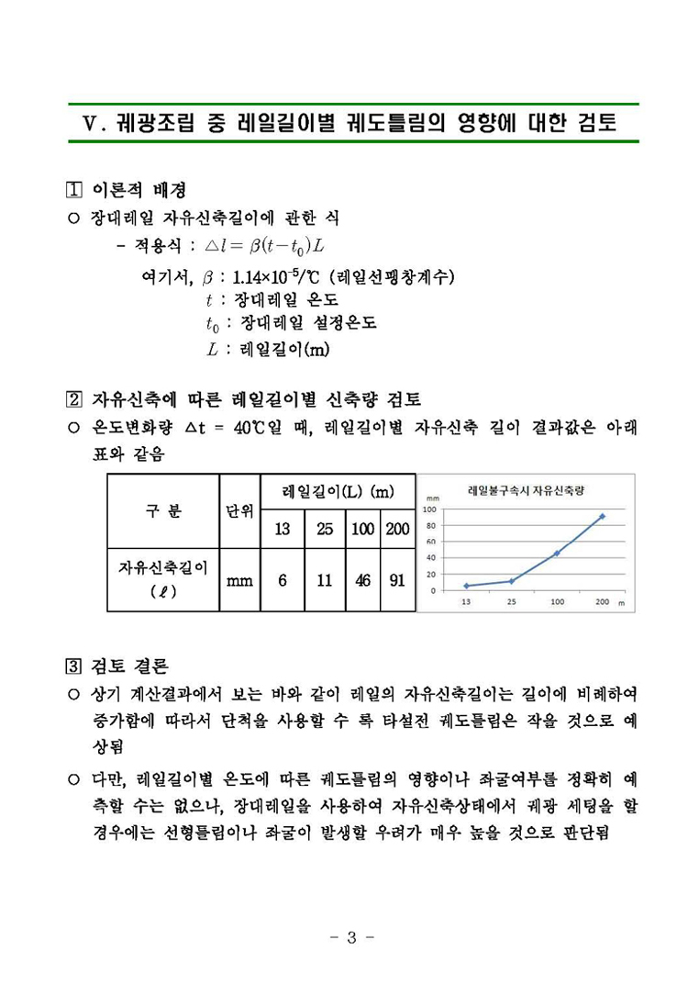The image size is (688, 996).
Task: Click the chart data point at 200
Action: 602,516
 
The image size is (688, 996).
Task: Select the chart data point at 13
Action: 466,586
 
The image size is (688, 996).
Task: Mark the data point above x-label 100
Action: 557,554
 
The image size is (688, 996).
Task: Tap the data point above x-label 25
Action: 511,581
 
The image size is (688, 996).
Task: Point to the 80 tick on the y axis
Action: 429,525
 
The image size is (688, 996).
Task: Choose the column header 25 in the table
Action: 325,529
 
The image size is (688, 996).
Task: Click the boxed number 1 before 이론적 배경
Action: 76,190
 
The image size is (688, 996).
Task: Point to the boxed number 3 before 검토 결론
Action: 76,663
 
